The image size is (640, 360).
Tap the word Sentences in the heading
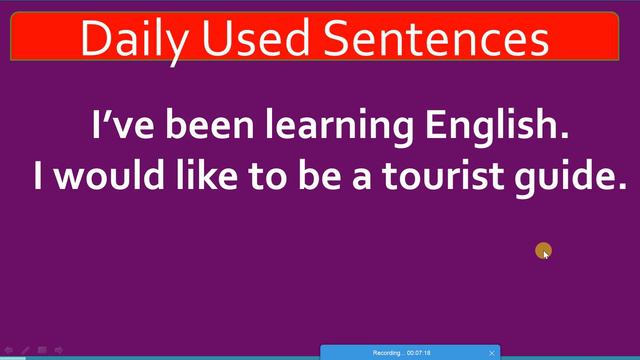[436, 39]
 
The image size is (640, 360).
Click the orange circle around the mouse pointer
[543, 251]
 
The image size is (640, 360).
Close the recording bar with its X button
[492, 353]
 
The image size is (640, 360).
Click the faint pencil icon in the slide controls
[26, 350]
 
